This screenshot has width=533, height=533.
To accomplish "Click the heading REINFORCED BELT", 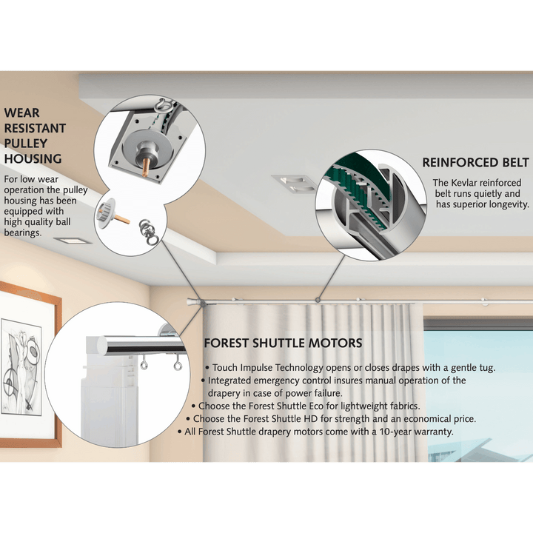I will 475,162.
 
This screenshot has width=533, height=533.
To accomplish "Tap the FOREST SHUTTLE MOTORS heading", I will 283,343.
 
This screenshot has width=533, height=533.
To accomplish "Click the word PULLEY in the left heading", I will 26,143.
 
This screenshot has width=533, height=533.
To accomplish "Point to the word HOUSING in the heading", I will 33,158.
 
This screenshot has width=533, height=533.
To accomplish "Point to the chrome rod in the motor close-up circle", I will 141,344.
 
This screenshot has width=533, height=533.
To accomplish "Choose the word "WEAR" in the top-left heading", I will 21,113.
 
